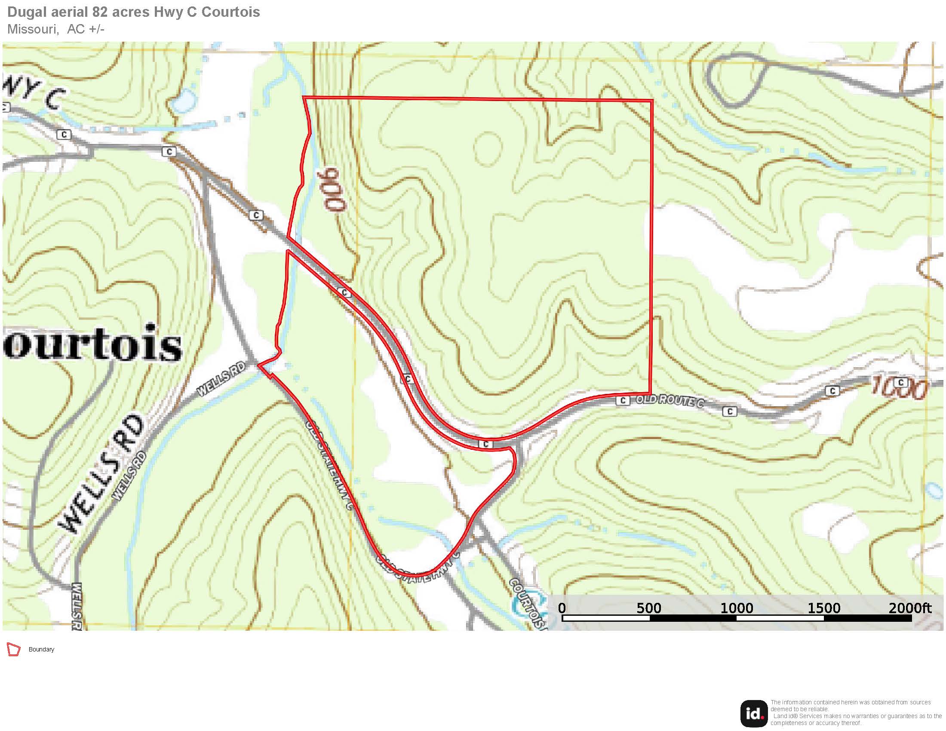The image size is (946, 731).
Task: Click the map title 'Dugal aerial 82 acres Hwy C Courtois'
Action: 133,12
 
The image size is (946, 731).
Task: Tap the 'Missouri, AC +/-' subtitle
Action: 55,29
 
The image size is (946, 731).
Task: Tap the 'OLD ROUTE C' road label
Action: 669,401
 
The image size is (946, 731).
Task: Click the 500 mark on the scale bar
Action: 648,608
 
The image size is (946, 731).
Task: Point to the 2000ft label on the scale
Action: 909,608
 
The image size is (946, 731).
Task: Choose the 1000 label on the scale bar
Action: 736,608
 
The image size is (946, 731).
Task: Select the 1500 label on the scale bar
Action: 823,608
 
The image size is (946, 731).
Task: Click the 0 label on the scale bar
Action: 562,608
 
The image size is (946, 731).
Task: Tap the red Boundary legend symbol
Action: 13,650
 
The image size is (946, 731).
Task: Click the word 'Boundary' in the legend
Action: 41,649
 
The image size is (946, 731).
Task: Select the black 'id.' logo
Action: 754,713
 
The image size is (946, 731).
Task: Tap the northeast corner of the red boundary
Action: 652,101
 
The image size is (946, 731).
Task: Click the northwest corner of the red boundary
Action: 303,97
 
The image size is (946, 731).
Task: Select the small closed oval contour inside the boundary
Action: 487,147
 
